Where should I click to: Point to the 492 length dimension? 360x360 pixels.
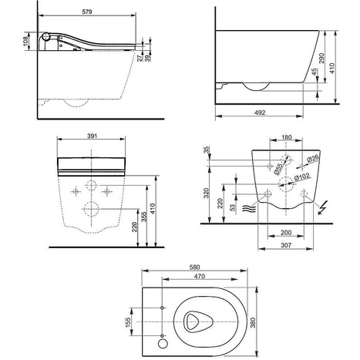tap(260, 112)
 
